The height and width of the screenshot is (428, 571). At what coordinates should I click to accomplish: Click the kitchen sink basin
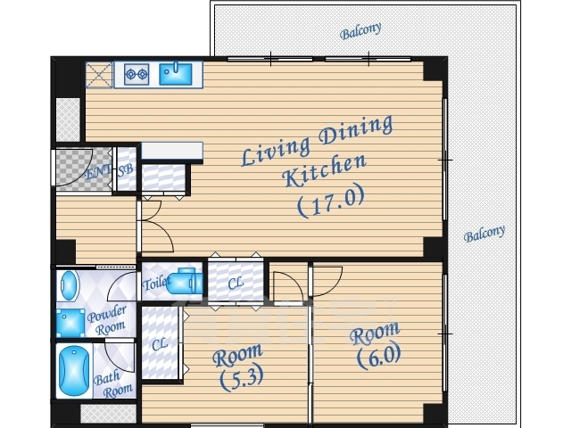pyautogui.click(x=176, y=74)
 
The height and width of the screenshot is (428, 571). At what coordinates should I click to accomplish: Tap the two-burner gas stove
pyautogui.click(x=137, y=74)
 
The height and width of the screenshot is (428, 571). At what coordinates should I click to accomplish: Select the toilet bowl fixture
pyautogui.click(x=185, y=281)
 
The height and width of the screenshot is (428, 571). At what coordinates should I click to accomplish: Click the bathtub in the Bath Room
pyautogui.click(x=74, y=371)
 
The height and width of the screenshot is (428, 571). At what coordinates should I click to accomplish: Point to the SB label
pyautogui.click(x=126, y=170)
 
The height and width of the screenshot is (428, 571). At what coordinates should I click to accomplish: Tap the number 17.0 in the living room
pyautogui.click(x=331, y=200)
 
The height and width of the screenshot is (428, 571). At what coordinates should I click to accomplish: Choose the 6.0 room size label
pyautogui.click(x=378, y=356)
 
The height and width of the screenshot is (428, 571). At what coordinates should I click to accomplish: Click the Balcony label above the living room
pyautogui.click(x=360, y=31)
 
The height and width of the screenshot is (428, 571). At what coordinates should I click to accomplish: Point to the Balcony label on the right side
pyautogui.click(x=484, y=234)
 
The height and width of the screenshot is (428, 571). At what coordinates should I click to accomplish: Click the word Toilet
pyautogui.click(x=156, y=283)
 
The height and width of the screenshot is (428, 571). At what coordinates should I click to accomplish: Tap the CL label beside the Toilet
pyautogui.click(x=236, y=284)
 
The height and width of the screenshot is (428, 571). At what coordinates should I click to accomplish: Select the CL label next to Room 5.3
pyautogui.click(x=160, y=344)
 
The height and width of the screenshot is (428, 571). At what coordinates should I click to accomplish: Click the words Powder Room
pyautogui.click(x=107, y=321)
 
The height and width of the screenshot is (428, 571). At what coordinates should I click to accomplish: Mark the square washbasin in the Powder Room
pyautogui.click(x=70, y=323)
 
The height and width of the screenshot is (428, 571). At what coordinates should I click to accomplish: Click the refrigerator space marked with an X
pyautogui.click(x=99, y=75)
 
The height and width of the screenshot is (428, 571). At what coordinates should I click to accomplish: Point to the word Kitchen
pyautogui.click(x=324, y=170)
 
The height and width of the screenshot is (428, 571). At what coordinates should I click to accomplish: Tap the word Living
pyautogui.click(x=276, y=152)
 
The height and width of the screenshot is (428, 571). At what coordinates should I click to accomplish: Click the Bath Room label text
pyautogui.click(x=113, y=385)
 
